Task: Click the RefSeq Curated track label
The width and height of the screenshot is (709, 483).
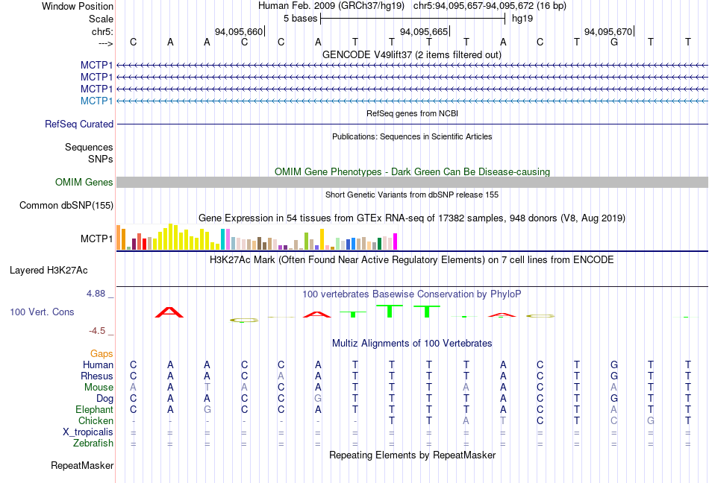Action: (79, 124)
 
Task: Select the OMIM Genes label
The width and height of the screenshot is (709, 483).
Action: (84, 182)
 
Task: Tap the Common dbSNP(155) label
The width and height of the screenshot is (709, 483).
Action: (66, 205)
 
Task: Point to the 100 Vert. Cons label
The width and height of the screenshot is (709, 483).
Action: (43, 312)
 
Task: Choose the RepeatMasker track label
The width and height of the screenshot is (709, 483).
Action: (82, 466)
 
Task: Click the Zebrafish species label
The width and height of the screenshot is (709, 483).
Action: (93, 443)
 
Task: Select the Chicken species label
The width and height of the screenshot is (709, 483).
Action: (96, 420)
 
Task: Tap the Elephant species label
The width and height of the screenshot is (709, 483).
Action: (94, 409)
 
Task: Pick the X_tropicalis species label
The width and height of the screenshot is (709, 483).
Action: (88, 432)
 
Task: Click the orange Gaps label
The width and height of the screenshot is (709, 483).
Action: (102, 353)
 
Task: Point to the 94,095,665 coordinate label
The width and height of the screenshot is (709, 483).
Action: (424, 32)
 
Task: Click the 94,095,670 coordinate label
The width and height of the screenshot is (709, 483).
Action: (608, 32)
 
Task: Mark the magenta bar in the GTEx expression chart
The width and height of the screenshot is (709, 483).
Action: (396, 241)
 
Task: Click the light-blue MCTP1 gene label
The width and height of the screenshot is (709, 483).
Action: (97, 101)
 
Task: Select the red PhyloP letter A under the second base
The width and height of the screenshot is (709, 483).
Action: (170, 312)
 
